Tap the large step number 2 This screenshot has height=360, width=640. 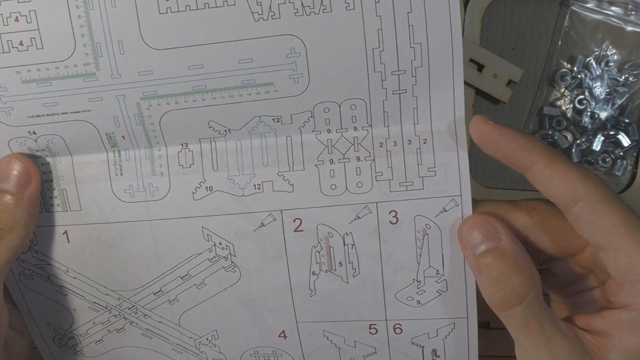point(298,225)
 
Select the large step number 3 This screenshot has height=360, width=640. point(393,217)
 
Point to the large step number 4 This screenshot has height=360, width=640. point(283,335)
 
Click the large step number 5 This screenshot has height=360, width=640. point(373,329)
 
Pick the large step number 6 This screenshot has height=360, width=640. point(398,329)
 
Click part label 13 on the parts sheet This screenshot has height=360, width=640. point(185,145)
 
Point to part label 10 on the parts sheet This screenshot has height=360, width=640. point(209,189)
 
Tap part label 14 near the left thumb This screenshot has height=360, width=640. point(32,134)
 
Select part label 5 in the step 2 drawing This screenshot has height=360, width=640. point(339,264)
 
